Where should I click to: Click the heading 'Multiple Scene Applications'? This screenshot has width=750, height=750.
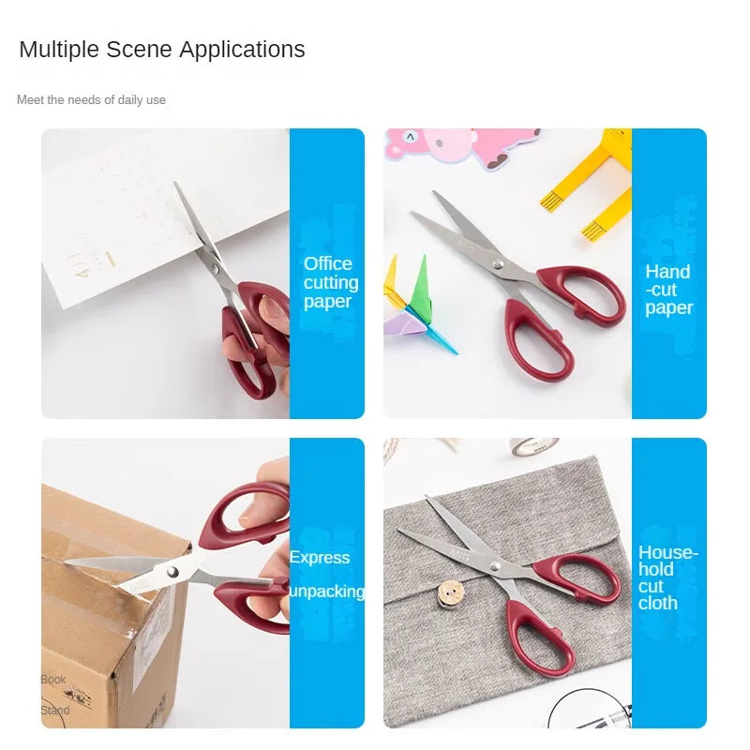click(x=162, y=50)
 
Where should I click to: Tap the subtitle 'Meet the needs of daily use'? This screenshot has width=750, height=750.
click(x=91, y=99)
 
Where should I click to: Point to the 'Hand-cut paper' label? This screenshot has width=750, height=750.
click(x=668, y=290)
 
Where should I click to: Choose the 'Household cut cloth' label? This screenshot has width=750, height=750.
click(x=667, y=577)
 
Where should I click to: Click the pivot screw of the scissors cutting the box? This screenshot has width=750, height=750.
click(x=172, y=571)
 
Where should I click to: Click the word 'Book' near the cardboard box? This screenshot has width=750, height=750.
click(x=53, y=679)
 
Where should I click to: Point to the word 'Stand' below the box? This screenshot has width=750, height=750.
click(x=54, y=710)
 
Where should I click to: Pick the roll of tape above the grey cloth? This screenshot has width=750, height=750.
click(x=534, y=445)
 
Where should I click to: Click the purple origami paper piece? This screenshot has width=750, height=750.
click(x=401, y=324)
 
